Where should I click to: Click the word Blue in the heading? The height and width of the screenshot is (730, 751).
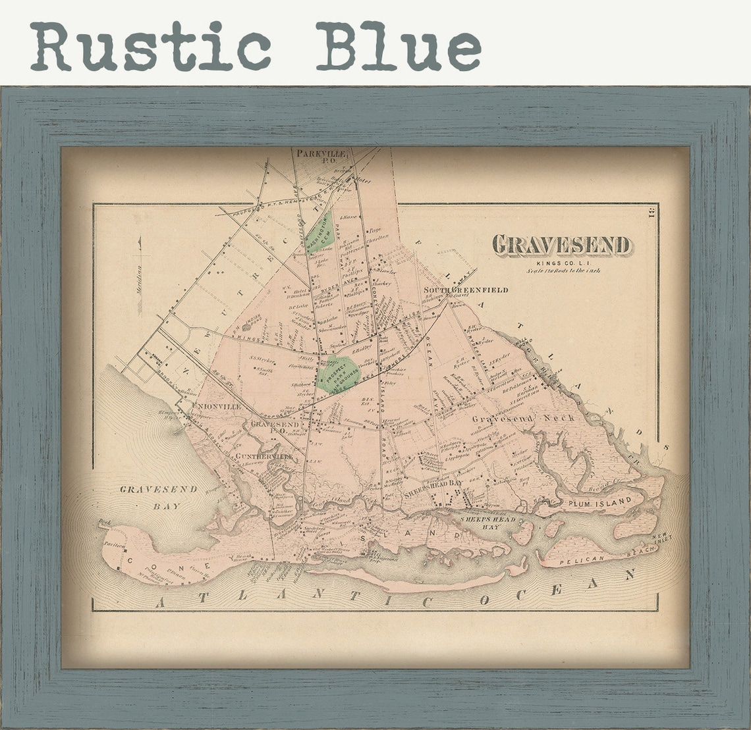[398, 46]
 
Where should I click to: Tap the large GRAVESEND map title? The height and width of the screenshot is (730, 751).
[562, 245]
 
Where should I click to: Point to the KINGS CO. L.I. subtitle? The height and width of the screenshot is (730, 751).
[562, 262]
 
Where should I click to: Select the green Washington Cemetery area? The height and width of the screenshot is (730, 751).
[320, 233]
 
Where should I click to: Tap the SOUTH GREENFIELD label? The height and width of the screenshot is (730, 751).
[466, 290]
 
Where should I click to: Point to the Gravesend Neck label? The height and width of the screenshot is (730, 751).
[523, 418]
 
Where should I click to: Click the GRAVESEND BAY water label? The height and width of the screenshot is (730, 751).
[149, 497]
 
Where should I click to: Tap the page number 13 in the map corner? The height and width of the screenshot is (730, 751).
[650, 213]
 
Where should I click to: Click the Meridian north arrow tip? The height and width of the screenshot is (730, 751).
[140, 240]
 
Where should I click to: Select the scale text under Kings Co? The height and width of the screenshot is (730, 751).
[563, 270]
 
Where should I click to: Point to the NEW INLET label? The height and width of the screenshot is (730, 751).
[661, 538]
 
